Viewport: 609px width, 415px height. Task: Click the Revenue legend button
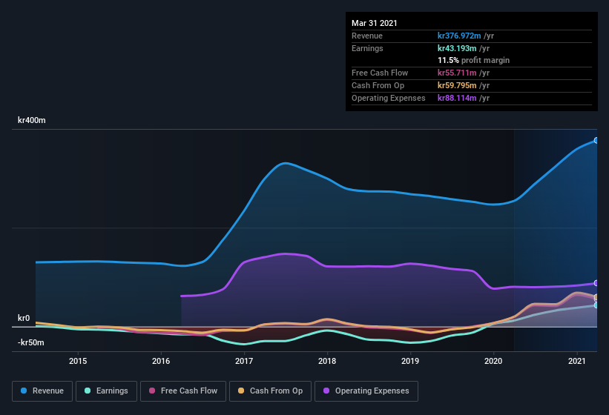click(x=42, y=391)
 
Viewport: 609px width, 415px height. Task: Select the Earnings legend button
click(x=107, y=391)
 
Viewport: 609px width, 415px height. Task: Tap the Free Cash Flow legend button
click(x=182, y=391)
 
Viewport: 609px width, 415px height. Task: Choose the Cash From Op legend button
click(x=269, y=391)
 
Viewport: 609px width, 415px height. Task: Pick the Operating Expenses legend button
click(x=366, y=391)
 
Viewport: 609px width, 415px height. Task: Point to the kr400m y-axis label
click(x=32, y=120)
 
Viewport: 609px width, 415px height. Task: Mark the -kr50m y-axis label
click(x=31, y=342)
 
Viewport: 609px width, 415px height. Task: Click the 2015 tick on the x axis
click(x=78, y=361)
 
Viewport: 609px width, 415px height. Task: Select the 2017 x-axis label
click(x=244, y=361)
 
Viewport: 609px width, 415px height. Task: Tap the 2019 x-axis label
click(x=410, y=361)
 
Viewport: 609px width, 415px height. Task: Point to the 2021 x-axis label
click(x=577, y=361)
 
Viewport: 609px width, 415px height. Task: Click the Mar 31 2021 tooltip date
click(x=375, y=23)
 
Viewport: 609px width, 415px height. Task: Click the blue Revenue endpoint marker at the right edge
click(x=596, y=140)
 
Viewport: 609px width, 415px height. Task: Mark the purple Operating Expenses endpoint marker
click(x=596, y=283)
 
